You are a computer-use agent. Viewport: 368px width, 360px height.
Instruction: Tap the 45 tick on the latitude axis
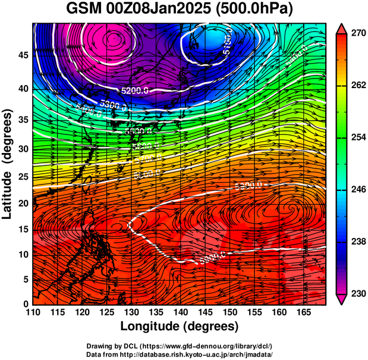[x=22, y=55]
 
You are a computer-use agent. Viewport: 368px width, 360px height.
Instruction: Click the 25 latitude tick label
[x=22, y=177]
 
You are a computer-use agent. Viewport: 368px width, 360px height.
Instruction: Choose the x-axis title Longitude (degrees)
[x=180, y=327]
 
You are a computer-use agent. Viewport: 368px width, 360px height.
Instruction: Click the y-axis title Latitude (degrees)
[x=8, y=164]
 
